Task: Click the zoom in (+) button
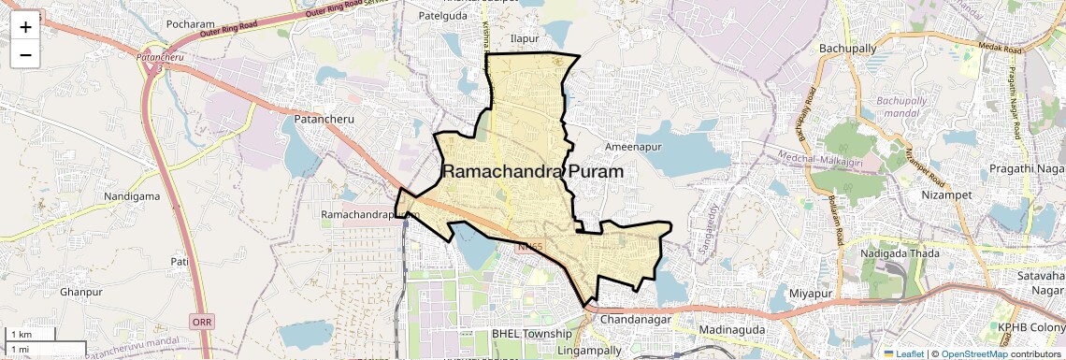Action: pos(25,26)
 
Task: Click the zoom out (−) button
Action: pos(25,54)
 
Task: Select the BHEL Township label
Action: pos(531,334)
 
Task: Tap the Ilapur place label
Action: pos(526,38)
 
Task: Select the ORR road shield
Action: pos(201,321)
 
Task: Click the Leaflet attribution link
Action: pos(905,353)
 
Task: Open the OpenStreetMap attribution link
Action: pos(973,353)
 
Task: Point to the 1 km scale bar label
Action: pos(22,335)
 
